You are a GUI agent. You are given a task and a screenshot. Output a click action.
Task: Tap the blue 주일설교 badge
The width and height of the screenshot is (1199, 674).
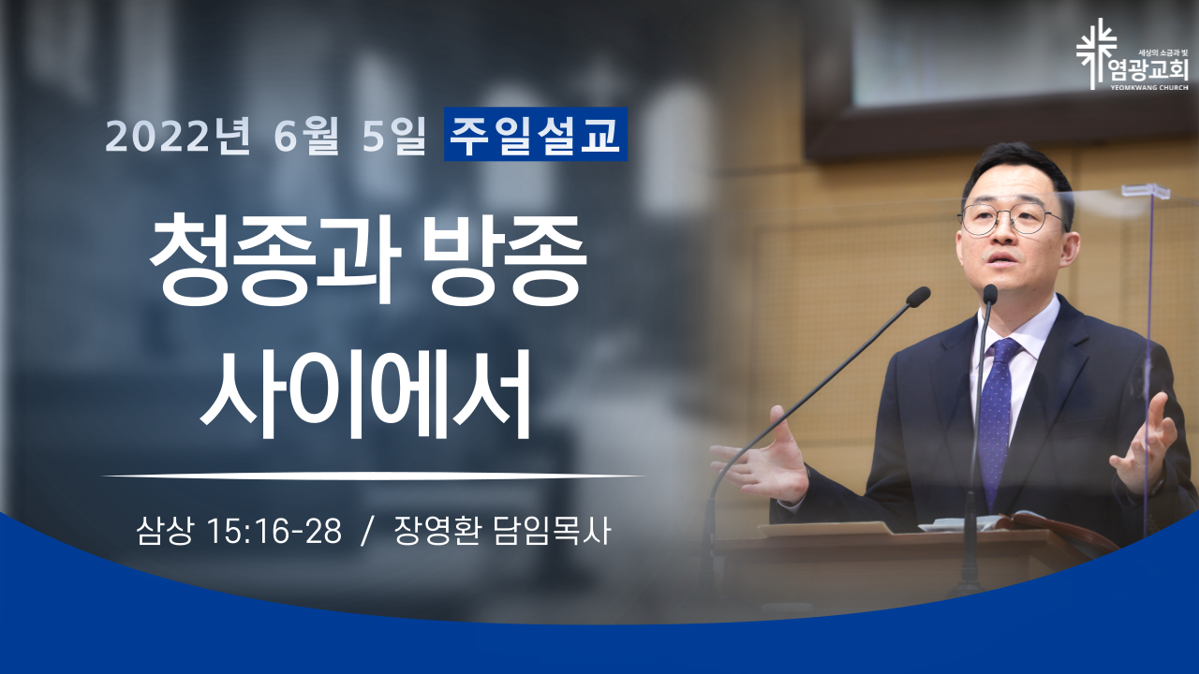point(535,134)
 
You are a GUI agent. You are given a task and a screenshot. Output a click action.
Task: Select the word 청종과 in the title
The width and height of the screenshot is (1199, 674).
point(275,259)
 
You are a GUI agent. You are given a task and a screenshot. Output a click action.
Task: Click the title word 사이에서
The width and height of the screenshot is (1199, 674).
point(365,393)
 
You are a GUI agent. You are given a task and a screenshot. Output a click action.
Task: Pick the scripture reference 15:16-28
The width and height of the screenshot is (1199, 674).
point(274,531)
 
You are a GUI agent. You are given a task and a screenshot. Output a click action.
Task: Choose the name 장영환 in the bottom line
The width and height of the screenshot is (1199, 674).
point(437,530)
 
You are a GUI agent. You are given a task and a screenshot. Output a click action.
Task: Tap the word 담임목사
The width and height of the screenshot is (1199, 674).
point(552,530)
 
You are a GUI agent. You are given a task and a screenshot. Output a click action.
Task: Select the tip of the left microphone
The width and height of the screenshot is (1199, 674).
point(919,297)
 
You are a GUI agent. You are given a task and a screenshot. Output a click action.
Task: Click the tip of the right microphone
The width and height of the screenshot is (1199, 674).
point(990,295)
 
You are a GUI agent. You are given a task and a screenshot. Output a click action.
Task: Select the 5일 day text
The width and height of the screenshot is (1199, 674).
point(393,135)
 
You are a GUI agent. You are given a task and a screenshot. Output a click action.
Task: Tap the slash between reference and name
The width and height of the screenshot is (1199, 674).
point(366,531)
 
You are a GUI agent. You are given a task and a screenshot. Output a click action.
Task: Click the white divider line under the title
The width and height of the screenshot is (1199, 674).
point(373,475)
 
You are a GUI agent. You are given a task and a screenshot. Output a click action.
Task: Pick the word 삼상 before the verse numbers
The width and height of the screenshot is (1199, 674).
point(164,530)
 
